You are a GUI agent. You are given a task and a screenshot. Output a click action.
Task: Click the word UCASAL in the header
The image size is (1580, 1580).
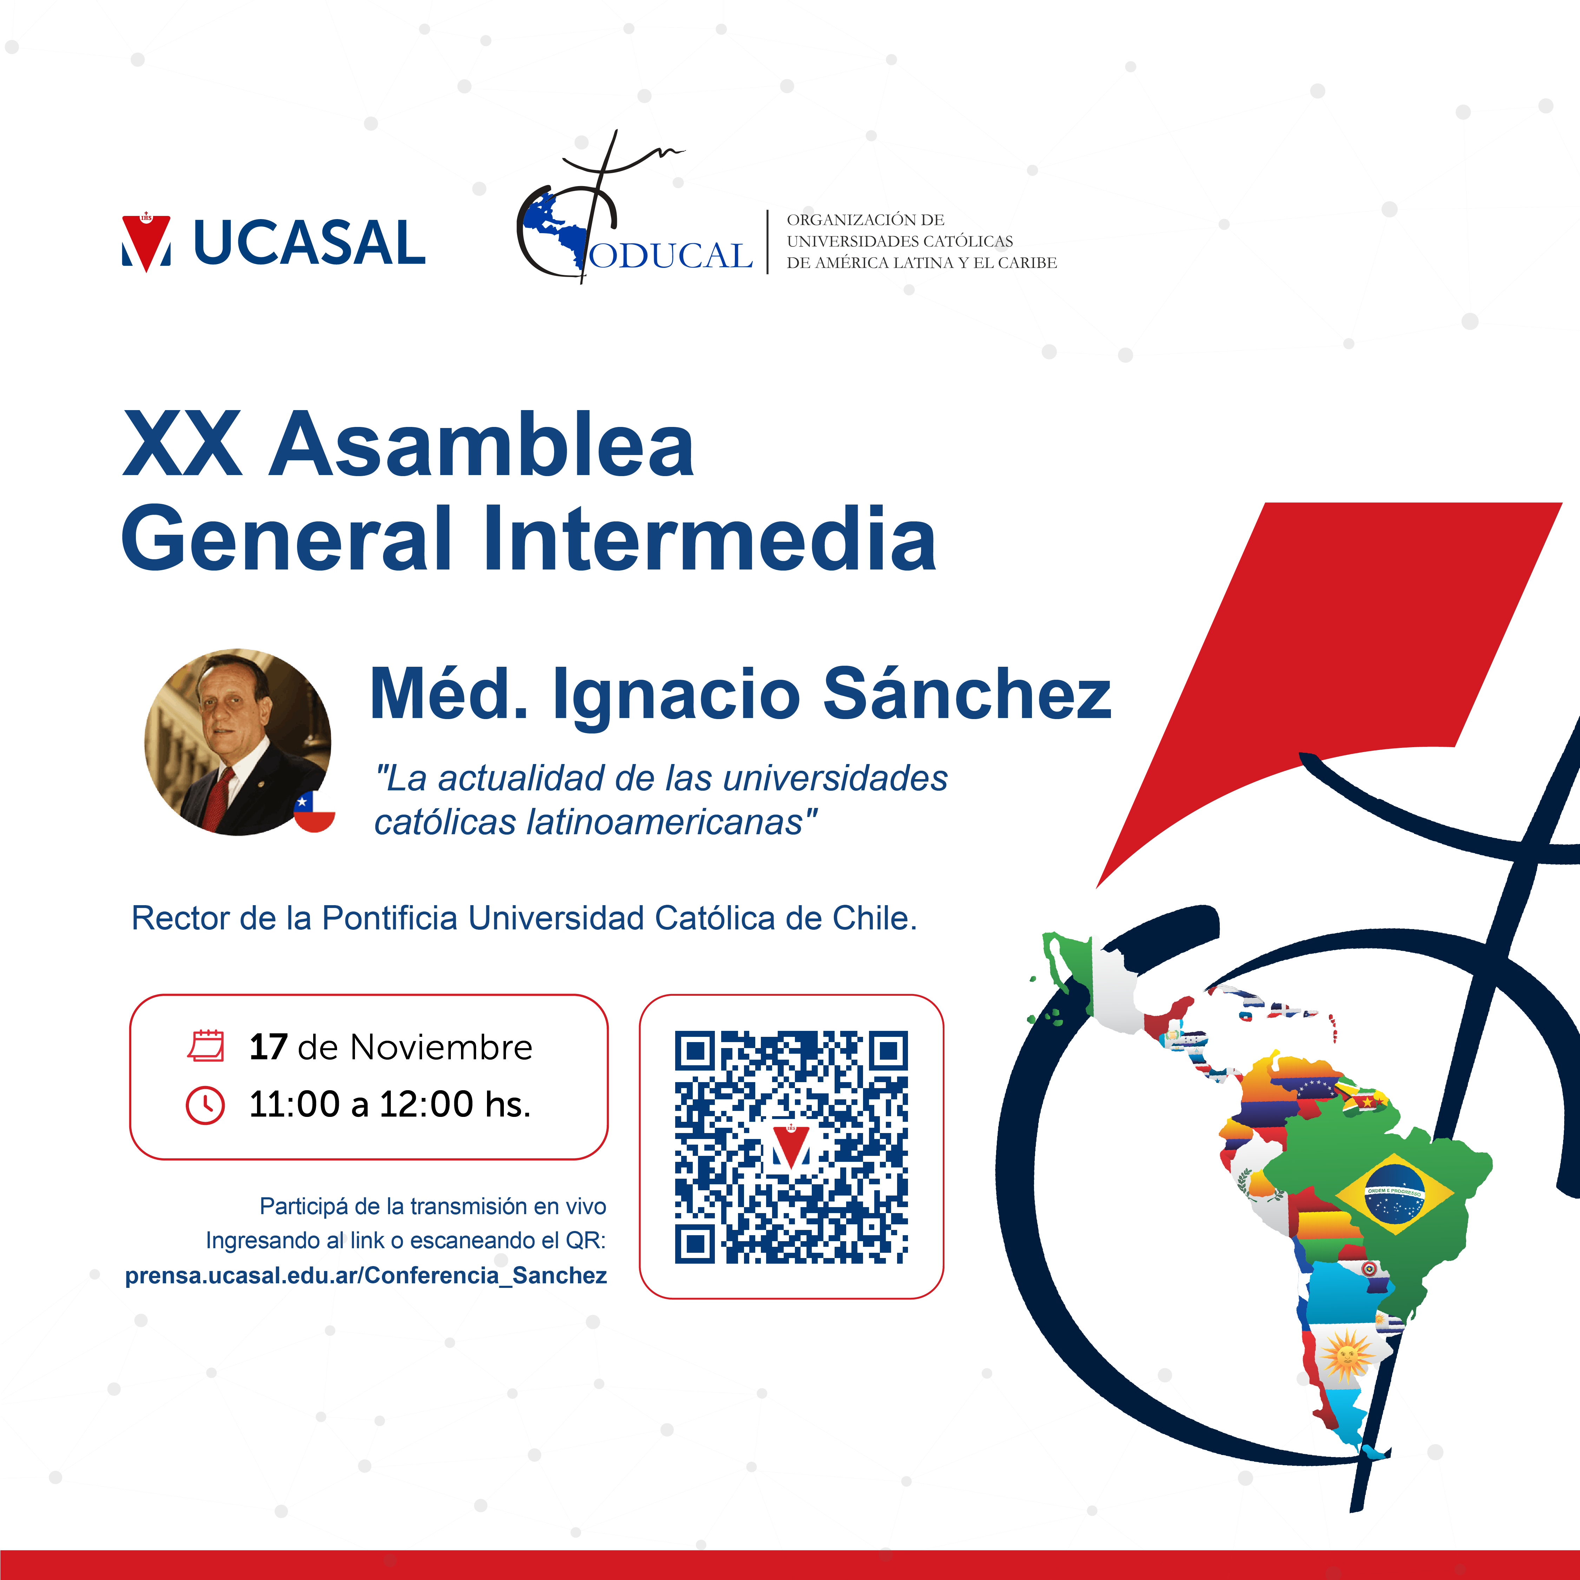tap(309, 243)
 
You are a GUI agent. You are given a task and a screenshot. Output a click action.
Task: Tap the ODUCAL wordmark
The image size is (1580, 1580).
tap(671, 255)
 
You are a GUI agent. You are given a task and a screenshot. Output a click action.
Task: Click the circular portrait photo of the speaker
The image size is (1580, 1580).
tap(238, 742)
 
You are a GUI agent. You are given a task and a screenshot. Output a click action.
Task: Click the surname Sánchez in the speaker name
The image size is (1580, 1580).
tap(967, 693)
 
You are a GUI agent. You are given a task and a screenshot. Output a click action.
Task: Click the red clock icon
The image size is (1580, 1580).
tap(205, 1105)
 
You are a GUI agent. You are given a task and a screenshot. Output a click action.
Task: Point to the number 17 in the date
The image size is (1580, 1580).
tap(268, 1047)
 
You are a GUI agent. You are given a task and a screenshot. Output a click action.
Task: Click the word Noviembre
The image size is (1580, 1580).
tap(442, 1047)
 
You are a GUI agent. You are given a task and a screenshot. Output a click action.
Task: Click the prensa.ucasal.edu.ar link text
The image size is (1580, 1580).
tap(366, 1276)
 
